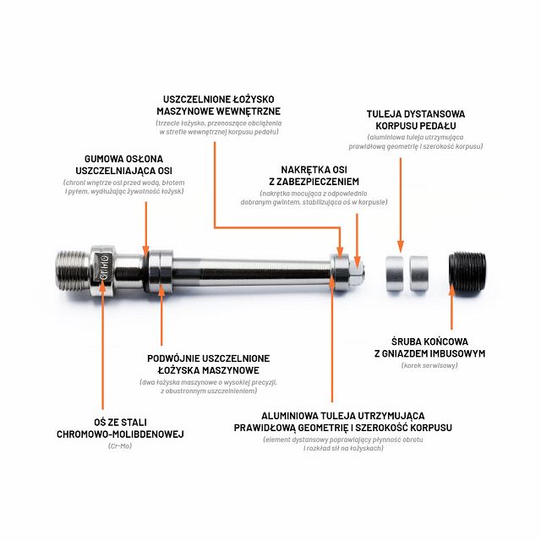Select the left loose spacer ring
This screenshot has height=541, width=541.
[x=395, y=273]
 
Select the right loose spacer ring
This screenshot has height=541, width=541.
[x=419, y=273]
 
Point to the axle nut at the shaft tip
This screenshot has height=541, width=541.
[x=357, y=272]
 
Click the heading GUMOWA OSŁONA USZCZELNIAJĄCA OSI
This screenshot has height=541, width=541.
[x=124, y=165]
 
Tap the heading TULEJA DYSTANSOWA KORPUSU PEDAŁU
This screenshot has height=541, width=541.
[x=416, y=120]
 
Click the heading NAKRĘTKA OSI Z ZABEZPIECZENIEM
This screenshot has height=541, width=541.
[x=314, y=176]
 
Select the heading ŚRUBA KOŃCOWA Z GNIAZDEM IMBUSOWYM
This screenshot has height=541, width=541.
[x=429, y=347]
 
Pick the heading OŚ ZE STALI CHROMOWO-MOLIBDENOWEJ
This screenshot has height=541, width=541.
[x=120, y=428]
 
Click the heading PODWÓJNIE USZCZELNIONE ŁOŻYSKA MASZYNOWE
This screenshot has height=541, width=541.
[x=209, y=364]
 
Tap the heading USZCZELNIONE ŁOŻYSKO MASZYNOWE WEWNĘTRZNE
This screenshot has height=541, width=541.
[x=219, y=105]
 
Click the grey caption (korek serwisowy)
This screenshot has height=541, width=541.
[x=429, y=365]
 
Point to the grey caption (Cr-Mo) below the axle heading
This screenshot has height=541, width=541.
[x=120, y=445]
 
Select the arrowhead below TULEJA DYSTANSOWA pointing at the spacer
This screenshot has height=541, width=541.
[x=401, y=246]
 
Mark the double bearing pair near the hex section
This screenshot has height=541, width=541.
[x=161, y=271]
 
